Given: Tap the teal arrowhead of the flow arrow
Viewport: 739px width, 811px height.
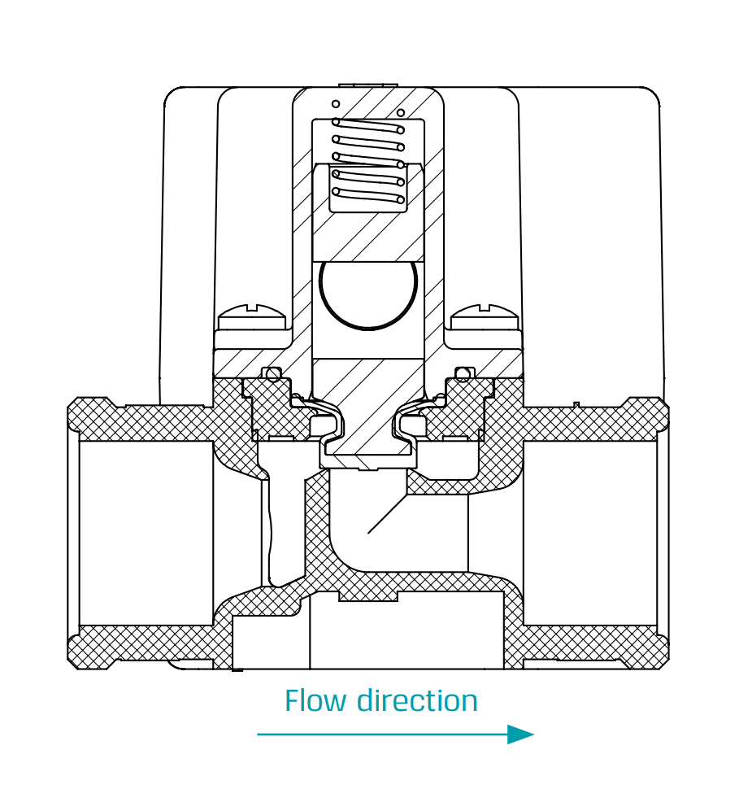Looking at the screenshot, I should (520, 735).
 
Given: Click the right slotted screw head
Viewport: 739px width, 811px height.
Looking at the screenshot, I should (485, 312).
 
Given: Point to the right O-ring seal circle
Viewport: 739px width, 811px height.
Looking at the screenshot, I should (463, 373).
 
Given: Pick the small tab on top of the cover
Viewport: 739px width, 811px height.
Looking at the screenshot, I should (367, 84).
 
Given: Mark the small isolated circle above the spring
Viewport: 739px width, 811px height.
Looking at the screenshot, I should (335, 104).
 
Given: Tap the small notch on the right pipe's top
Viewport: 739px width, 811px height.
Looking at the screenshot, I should (576, 403).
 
